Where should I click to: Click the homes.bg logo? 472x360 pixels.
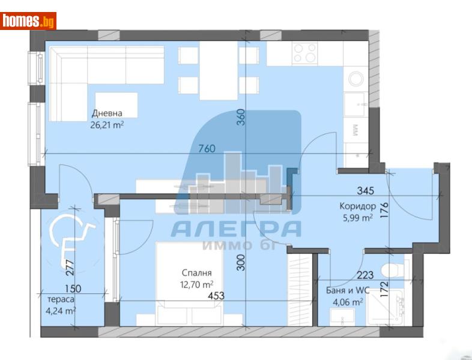28,22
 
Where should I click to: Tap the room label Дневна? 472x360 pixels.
107,113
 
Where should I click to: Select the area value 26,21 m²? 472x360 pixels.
107,125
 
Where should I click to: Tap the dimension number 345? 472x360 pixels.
365,191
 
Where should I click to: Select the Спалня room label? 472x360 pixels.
196,273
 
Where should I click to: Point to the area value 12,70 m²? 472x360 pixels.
196,284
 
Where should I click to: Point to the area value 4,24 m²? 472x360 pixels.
61,311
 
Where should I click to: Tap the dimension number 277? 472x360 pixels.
71,265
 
